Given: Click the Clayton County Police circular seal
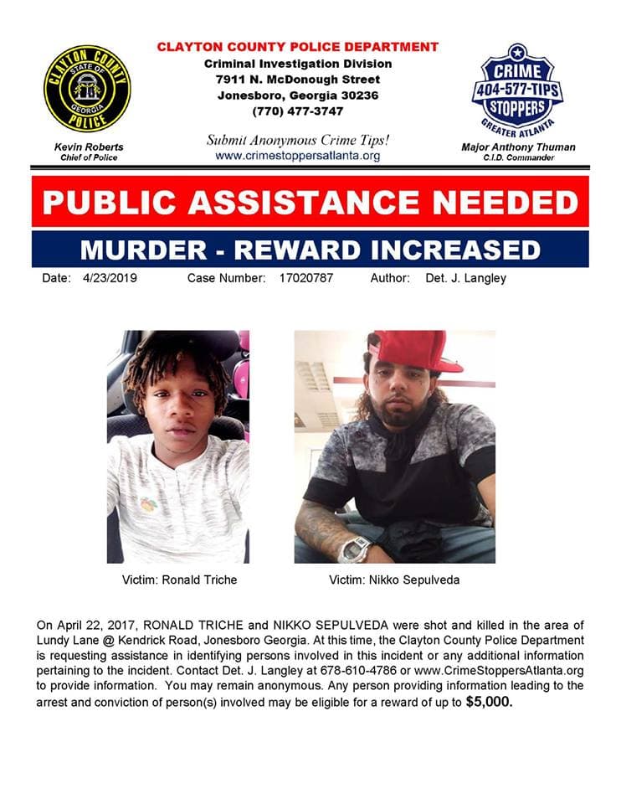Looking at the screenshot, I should [87, 89].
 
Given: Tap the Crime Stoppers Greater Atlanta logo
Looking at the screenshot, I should [517, 89].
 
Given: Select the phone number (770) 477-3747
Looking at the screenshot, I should [297, 110].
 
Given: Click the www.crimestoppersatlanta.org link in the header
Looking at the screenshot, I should [297, 156].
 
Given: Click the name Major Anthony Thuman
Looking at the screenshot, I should [518, 147].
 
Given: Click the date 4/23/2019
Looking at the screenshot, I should [111, 278].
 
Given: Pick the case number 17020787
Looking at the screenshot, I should [305, 278].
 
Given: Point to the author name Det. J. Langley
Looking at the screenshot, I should [465, 278].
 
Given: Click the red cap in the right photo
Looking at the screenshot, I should [416, 349].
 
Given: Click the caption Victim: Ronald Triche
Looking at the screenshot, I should [178, 580].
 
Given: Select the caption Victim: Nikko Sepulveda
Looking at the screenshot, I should [393, 580].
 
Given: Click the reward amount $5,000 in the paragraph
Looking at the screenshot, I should [489, 702].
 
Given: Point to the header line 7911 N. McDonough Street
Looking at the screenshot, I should [297, 80].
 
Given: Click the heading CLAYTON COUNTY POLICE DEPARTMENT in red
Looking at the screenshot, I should [297, 48].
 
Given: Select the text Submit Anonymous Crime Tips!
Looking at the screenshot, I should [297, 140].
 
